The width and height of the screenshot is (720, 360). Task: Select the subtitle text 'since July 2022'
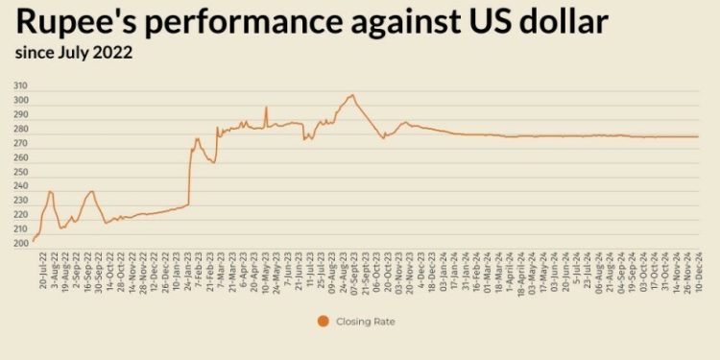[x=73, y=54]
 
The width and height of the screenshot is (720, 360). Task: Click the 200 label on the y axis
[x=20, y=244]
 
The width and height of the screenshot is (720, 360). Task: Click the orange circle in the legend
[x=324, y=322]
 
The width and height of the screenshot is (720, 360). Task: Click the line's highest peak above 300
[x=352, y=95]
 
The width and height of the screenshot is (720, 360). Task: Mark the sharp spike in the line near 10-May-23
[x=266, y=107]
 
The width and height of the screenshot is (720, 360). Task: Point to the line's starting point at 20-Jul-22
[x=33, y=241]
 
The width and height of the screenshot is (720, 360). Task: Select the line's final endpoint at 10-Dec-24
[x=698, y=136]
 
